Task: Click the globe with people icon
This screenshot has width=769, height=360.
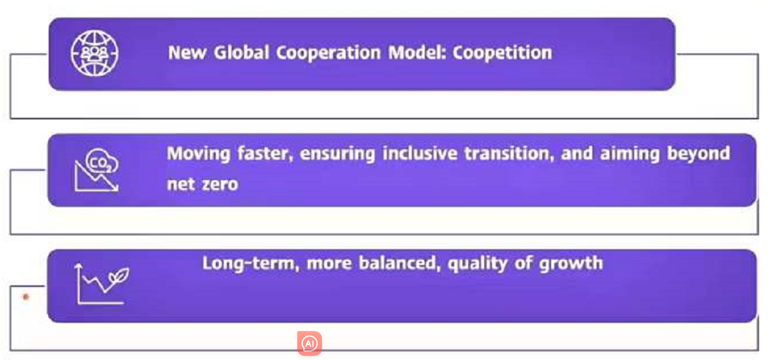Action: coord(95,53)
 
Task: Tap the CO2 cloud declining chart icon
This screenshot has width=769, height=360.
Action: coord(96,169)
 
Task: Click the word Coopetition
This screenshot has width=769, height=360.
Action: coord(502,53)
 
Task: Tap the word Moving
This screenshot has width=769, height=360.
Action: coord(199,154)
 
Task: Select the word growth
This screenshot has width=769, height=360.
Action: coord(571,263)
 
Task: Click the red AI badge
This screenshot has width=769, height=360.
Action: coord(309,344)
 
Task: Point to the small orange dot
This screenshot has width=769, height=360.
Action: coord(26,297)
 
